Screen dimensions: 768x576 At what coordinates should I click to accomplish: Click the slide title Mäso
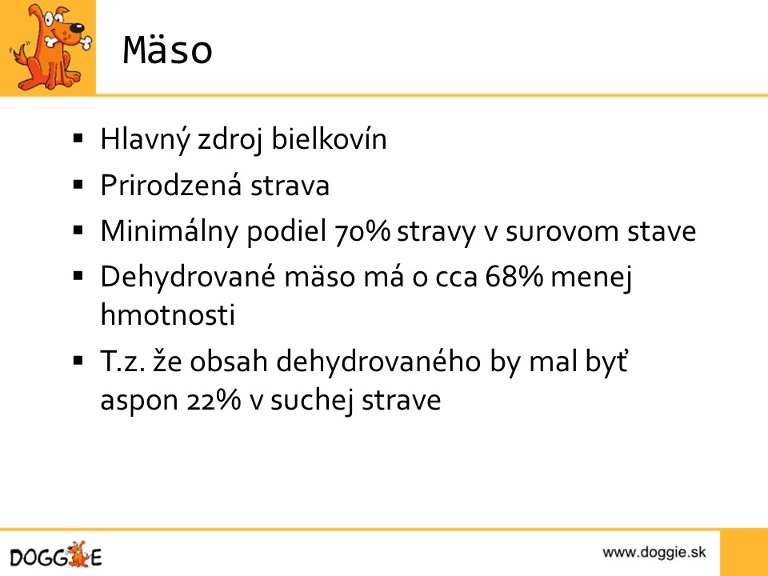(167, 50)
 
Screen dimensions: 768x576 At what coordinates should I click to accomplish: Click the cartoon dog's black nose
(77, 29)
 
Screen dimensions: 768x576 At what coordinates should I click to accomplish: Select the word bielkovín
(329, 138)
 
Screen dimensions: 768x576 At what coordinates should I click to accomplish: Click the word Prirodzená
(171, 185)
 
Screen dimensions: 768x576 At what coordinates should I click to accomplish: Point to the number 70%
(362, 231)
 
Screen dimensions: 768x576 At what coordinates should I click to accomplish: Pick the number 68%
(514, 276)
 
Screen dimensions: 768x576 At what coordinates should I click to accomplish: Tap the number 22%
(214, 400)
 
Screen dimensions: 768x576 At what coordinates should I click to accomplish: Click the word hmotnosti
(168, 314)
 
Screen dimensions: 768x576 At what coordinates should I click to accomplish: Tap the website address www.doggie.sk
(654, 553)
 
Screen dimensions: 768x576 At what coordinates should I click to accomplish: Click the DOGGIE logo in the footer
(56, 555)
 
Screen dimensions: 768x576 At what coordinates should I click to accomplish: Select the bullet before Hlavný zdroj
(78, 138)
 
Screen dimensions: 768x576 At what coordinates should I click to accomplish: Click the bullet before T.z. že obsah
(78, 362)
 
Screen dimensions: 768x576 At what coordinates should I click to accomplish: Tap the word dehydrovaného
(378, 362)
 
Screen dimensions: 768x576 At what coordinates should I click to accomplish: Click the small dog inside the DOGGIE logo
(78, 554)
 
